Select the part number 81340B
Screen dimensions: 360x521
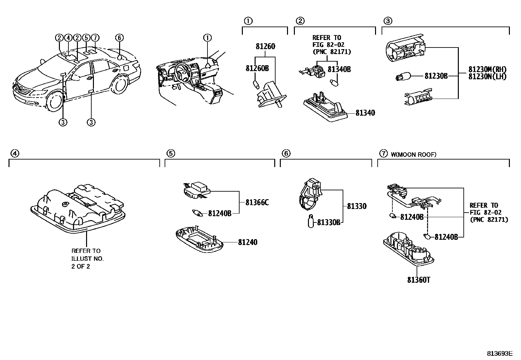(339, 69)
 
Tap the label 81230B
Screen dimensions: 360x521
(436, 76)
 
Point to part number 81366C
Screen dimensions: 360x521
(257, 203)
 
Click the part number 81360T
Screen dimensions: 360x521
(419, 280)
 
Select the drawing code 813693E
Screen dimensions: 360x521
(499, 354)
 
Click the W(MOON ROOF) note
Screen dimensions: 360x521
(413, 155)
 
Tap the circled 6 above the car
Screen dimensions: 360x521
(119, 38)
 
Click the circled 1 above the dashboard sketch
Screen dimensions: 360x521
(207, 38)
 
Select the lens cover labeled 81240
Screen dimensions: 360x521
(199, 241)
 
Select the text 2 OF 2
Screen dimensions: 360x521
(81, 266)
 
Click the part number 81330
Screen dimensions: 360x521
(357, 206)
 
